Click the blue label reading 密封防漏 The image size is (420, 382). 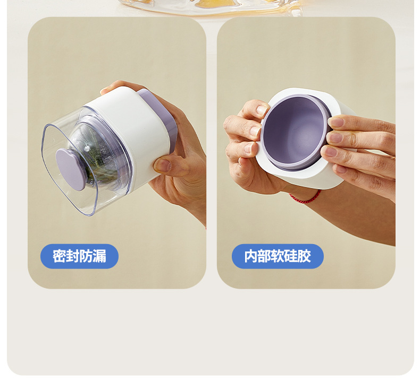(79, 256)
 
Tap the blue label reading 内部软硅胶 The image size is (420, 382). (278, 256)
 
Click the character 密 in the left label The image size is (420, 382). (59, 256)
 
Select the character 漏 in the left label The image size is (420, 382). (99, 256)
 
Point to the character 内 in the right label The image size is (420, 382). (251, 256)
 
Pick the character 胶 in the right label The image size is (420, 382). (304, 256)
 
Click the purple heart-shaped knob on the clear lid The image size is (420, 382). (70, 169)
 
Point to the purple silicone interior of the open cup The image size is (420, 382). (293, 131)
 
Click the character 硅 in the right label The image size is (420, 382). (291, 256)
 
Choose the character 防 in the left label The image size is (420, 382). (86, 256)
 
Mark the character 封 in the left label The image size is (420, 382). (73, 256)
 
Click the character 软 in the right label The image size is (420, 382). (278, 256)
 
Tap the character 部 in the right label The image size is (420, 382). (264, 256)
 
